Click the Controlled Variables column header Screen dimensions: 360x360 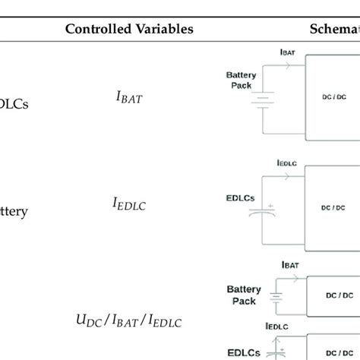tap(129, 29)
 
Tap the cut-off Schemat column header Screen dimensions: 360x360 tap(334, 29)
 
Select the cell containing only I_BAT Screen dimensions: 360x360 tap(128, 97)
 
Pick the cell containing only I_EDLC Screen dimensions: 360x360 tap(128, 203)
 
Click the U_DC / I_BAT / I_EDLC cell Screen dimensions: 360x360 tap(129, 321)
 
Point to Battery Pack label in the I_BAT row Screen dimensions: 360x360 tap(242, 81)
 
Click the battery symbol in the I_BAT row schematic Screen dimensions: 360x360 tap(262, 99)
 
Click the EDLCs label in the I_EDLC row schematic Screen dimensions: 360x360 tap(241, 197)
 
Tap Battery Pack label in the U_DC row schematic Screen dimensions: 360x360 tap(243, 294)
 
